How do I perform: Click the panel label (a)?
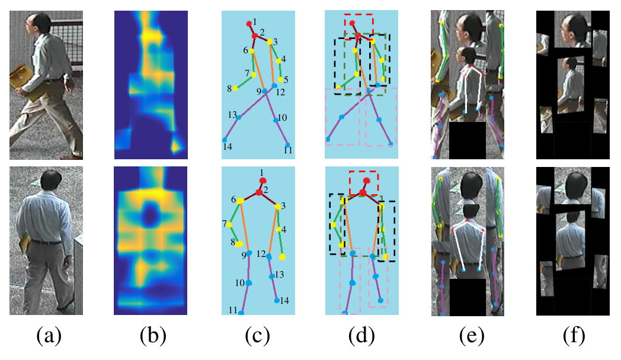point(49,336)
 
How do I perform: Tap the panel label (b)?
point(153,336)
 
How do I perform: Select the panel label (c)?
point(257,336)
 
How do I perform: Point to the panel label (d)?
point(361,336)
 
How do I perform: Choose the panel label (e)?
point(472,336)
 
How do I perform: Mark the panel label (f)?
point(574,336)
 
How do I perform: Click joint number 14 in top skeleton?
point(225,140)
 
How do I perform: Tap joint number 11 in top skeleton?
point(287,145)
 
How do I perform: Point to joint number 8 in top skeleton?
point(235,88)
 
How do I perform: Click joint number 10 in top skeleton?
point(276,120)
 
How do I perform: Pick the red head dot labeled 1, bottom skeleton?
point(263,181)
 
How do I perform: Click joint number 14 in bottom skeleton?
point(277,301)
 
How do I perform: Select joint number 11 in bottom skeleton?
point(241,313)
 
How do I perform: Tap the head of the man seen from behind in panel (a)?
point(52,181)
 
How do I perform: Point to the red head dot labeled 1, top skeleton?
point(249,24)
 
